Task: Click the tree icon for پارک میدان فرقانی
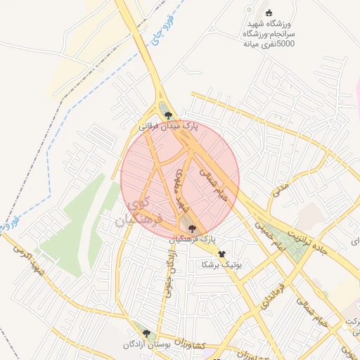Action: [167, 115]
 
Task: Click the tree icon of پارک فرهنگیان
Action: [193, 227]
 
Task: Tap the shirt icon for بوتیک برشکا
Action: [222, 254]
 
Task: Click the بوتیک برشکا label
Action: [221, 265]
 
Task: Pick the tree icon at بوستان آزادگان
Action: [146, 333]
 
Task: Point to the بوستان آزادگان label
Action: [146, 345]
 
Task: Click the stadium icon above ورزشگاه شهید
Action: [268, 12]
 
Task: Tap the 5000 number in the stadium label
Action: [285, 44]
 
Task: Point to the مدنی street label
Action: [281, 188]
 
